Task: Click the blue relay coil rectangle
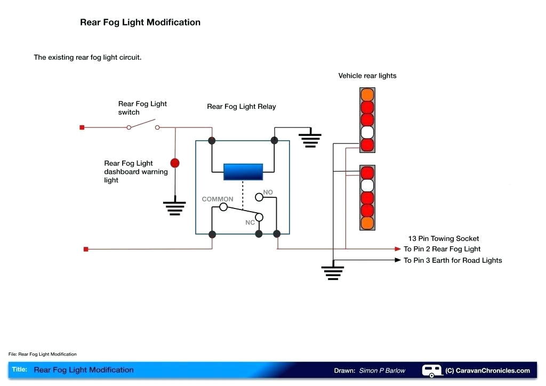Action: (243, 172)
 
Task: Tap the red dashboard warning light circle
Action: (175, 163)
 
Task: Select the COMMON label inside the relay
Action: (217, 199)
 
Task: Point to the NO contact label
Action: (268, 192)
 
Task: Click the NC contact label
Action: (250, 222)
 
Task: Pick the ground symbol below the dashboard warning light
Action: (174, 207)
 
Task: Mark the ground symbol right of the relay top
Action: (310, 140)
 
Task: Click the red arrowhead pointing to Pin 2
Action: (397, 249)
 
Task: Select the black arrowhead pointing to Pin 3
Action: (397, 260)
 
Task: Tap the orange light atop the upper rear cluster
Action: (367, 95)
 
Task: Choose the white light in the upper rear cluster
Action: (367, 132)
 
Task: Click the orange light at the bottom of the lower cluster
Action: (367, 223)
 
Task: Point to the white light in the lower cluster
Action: (367, 186)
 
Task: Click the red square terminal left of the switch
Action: (82, 127)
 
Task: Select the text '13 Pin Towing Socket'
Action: (444, 238)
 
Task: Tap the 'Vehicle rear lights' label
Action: (367, 76)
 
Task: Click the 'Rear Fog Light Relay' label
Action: (242, 107)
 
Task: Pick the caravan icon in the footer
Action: (432, 370)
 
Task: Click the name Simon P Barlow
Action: (382, 371)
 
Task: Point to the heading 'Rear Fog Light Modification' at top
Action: (140, 22)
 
